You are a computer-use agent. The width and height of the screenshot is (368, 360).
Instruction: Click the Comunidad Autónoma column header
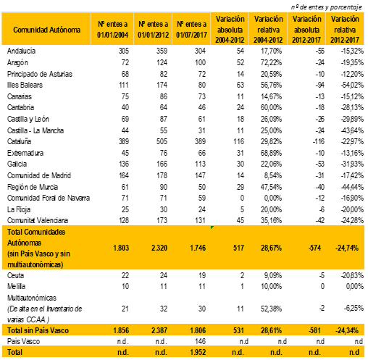click(x=46, y=30)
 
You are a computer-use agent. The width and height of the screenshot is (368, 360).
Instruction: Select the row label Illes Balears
click(x=25, y=85)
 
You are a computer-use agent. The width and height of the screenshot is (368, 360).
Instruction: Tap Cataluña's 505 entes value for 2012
click(x=162, y=141)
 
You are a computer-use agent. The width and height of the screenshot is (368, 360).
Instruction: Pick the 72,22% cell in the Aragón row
click(x=271, y=62)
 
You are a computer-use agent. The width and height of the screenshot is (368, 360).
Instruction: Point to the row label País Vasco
click(x=23, y=341)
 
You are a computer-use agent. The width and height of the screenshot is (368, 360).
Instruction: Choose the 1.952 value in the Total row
click(x=198, y=352)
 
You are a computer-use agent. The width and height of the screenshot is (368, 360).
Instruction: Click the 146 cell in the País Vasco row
click(x=200, y=341)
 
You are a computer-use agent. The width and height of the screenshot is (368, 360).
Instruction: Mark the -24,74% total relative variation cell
click(x=347, y=248)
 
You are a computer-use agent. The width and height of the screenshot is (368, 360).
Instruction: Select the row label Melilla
click(x=16, y=286)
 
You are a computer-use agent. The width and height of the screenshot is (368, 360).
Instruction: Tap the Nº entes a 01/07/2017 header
click(x=191, y=30)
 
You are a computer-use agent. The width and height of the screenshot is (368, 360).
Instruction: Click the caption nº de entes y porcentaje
click(x=327, y=7)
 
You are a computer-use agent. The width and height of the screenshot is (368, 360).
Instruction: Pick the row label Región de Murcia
click(x=33, y=187)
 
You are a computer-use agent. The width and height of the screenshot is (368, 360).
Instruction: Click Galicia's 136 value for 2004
click(x=124, y=164)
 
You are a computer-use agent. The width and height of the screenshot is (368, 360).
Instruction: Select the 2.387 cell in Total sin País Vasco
click(x=159, y=330)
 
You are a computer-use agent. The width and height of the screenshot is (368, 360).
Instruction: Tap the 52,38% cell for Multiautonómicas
click(x=271, y=309)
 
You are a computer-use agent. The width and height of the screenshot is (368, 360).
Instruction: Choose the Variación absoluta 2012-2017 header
click(x=306, y=30)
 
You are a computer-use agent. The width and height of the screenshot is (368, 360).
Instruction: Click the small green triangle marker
click(x=212, y=227)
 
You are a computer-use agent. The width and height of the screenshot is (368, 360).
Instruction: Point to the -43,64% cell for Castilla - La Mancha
click(x=352, y=130)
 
